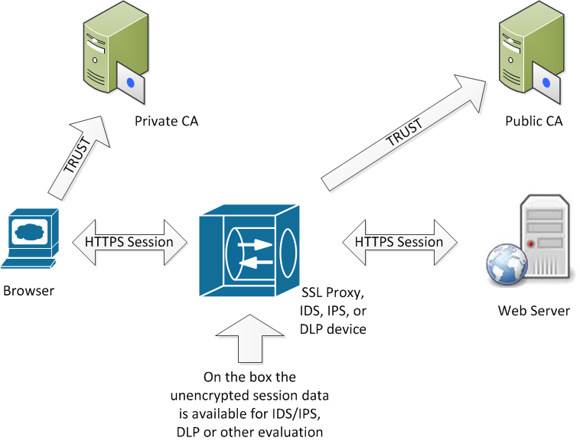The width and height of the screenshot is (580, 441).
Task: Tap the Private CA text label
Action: [x=166, y=121]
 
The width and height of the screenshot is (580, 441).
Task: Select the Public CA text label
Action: [x=534, y=121]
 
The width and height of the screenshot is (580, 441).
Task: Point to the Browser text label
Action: [x=29, y=291]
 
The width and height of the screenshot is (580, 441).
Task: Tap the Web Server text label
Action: [x=534, y=311]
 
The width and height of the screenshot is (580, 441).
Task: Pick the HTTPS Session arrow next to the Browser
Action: [x=129, y=242]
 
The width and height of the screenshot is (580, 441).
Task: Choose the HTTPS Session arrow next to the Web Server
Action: [x=399, y=242]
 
